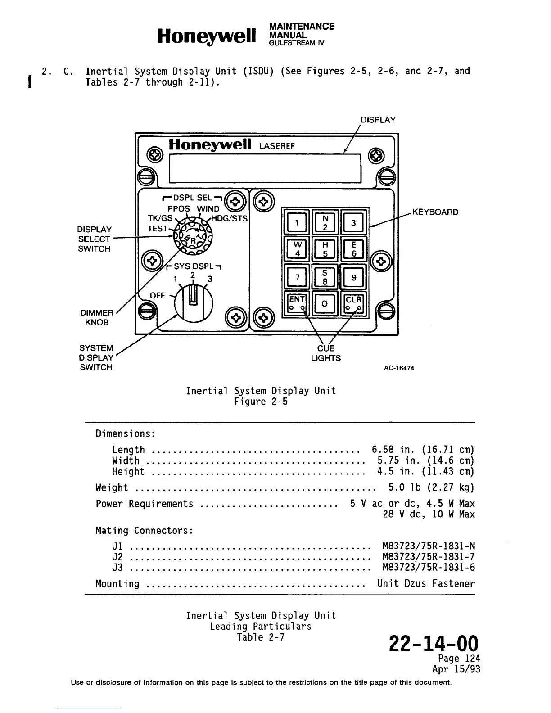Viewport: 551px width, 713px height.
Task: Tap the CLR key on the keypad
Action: click(354, 304)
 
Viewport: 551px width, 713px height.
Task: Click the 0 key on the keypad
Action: click(325, 304)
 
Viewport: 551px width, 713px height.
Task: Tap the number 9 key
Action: click(354, 277)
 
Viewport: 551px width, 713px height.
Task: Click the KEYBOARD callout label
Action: click(435, 212)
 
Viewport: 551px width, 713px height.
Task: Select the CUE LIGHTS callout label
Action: click(325, 353)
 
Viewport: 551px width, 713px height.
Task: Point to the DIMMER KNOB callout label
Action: click(97, 317)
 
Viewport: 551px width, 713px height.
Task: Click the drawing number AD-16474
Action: click(399, 368)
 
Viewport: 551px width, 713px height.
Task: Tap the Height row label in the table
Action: click(128, 472)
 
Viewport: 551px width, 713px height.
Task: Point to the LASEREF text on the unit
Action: click(277, 146)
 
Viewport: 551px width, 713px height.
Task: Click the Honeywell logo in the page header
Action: click(207, 36)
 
